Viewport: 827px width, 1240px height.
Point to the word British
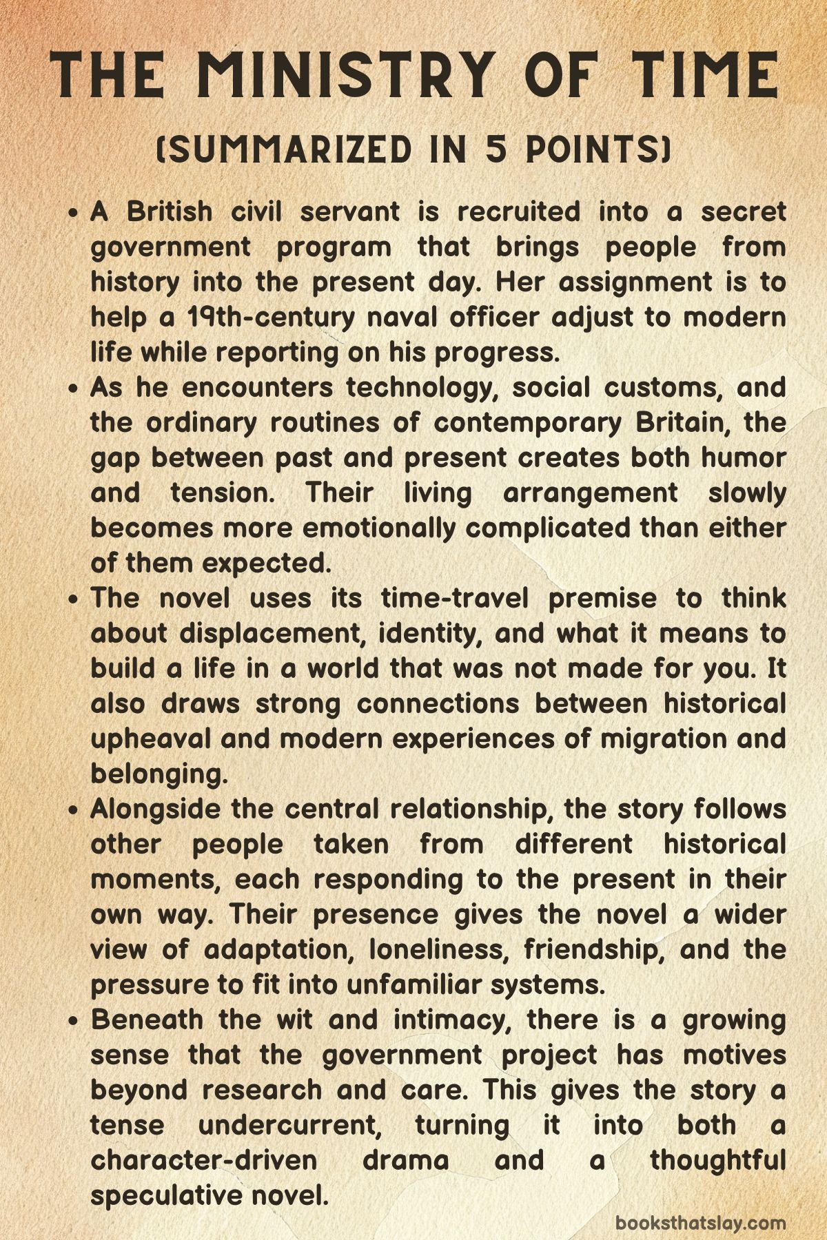(x=170, y=211)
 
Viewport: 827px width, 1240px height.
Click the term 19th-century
(x=272, y=317)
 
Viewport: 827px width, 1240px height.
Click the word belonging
(x=159, y=774)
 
